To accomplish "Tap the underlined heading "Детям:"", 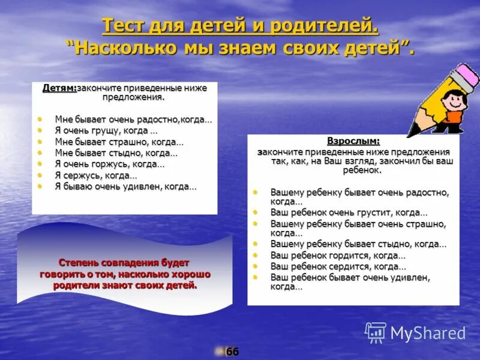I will coord(59,88).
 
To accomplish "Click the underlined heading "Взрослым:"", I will coord(353,141).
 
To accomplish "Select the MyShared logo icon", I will coord(376,332).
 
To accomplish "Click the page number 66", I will coord(232,352).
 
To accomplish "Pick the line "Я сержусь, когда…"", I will coord(96,175).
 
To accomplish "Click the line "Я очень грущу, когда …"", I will coord(106,130).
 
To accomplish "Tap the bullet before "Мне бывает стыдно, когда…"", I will coord(40,152).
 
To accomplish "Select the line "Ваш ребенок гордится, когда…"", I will coord(334,255).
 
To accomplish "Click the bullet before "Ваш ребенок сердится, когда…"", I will coord(255,265).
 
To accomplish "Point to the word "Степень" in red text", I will coord(80,263).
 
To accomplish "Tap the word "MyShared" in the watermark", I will coord(428,333).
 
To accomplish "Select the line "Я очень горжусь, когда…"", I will coord(109,164).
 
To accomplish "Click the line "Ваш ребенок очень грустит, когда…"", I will coord(349,212).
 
